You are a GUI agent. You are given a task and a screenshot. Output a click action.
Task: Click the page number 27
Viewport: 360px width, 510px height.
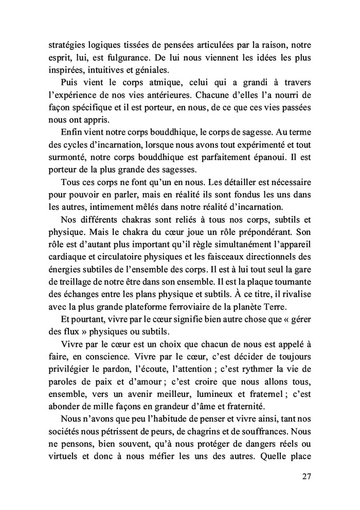click(307, 477)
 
